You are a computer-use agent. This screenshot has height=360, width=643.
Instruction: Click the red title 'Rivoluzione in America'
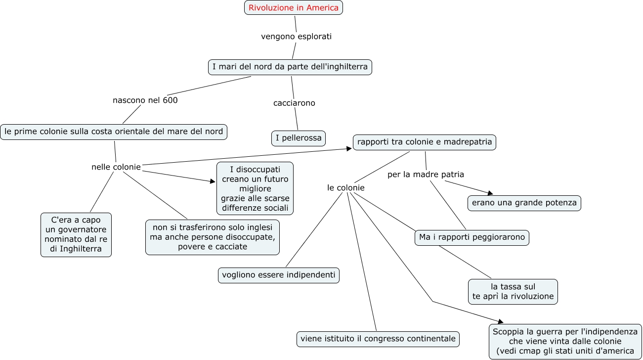[294, 7]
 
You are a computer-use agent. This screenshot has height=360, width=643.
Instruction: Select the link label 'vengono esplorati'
[296, 36]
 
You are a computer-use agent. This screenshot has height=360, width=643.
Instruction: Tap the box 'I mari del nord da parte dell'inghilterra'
[290, 67]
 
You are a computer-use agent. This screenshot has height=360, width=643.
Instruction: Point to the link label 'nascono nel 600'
[145, 100]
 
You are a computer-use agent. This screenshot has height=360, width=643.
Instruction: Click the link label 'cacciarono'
[294, 103]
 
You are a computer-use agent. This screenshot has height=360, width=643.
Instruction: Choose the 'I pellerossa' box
[299, 138]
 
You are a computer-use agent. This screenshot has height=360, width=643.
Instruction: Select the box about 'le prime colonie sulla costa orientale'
[114, 132]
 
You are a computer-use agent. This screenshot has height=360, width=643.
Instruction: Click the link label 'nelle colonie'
[116, 167]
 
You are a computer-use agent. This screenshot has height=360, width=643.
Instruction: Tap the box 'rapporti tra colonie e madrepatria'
[425, 142]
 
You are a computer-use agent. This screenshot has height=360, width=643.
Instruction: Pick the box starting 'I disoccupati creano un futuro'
[255, 188]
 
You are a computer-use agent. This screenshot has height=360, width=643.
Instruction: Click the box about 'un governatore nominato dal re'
[76, 235]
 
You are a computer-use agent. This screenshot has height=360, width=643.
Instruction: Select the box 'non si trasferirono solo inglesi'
[213, 237]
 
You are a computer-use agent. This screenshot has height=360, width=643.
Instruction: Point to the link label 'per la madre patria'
[426, 175]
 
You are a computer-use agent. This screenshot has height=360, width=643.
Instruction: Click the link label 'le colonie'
[346, 187]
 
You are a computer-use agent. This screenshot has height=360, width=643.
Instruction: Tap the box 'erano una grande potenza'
[524, 203]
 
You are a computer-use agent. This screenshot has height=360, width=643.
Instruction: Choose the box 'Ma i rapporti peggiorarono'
[472, 237]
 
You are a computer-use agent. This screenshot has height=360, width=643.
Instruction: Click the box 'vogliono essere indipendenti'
[279, 275]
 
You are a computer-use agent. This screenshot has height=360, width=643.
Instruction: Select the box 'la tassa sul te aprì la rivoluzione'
[513, 291]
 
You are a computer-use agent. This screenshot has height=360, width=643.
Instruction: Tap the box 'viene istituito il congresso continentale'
[378, 339]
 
